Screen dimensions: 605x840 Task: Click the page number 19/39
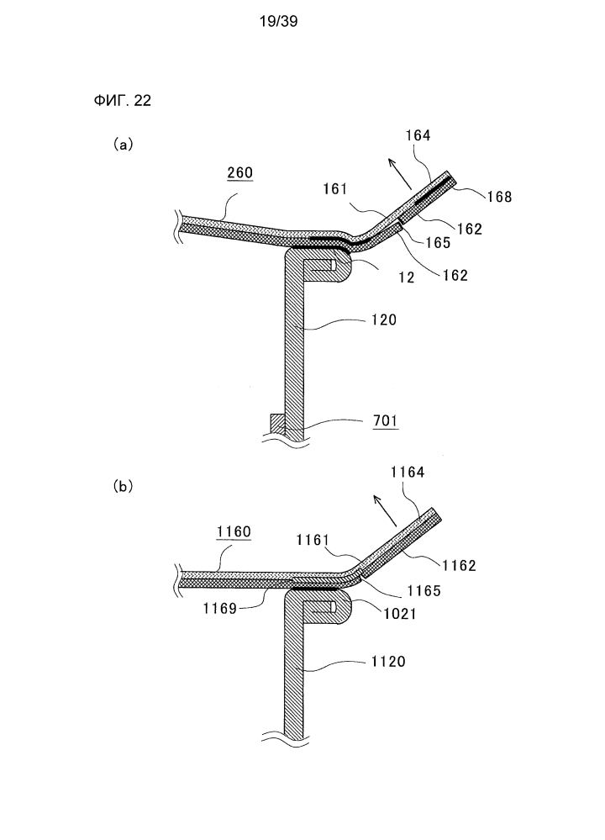click(x=278, y=21)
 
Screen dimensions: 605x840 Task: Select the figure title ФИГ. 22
click(x=122, y=100)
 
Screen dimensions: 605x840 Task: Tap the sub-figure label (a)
click(x=124, y=144)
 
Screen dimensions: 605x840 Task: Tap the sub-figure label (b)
click(x=124, y=486)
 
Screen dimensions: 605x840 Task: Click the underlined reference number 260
click(x=239, y=172)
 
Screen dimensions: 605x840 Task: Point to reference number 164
click(x=418, y=135)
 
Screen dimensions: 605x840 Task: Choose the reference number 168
click(x=499, y=197)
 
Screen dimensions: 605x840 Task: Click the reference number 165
click(x=438, y=243)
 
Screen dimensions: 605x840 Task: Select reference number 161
click(x=336, y=189)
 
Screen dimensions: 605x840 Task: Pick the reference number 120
click(x=384, y=320)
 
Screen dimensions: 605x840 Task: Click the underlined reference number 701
click(x=386, y=421)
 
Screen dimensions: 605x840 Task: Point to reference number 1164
click(x=408, y=472)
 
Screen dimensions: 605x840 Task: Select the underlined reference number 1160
click(x=234, y=531)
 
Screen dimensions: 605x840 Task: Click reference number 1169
click(x=219, y=609)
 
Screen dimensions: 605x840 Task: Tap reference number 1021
click(x=400, y=614)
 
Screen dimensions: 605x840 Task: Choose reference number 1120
click(x=388, y=662)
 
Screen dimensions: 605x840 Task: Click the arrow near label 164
click(x=399, y=174)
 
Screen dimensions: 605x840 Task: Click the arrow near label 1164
click(x=385, y=510)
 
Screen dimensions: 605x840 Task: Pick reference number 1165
click(x=424, y=591)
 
